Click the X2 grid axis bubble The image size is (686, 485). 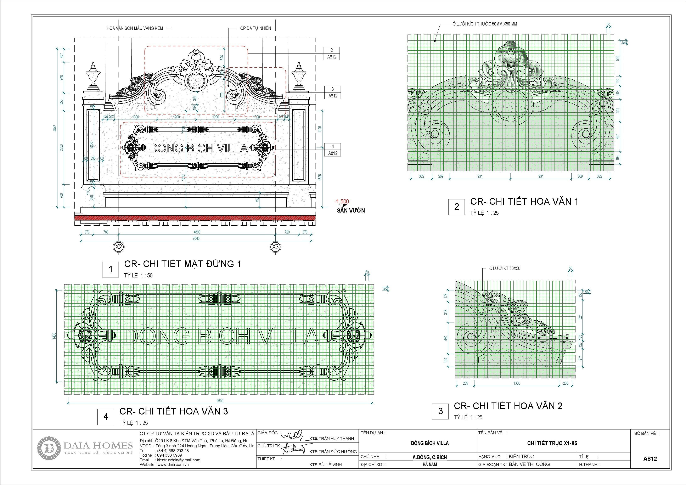[119, 247]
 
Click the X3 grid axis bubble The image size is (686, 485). [275, 247]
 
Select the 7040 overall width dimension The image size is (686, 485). [196, 238]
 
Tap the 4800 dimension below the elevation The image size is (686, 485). [197, 232]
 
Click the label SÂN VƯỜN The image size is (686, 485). [351, 210]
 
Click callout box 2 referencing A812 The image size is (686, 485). [332, 53]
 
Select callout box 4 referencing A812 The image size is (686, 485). [333, 150]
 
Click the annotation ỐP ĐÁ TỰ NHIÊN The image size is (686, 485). [255, 28]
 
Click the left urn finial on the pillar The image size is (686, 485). [93, 76]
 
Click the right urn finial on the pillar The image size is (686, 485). [298, 76]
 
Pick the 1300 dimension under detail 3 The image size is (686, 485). [517, 383]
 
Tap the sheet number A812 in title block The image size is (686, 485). [650, 459]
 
